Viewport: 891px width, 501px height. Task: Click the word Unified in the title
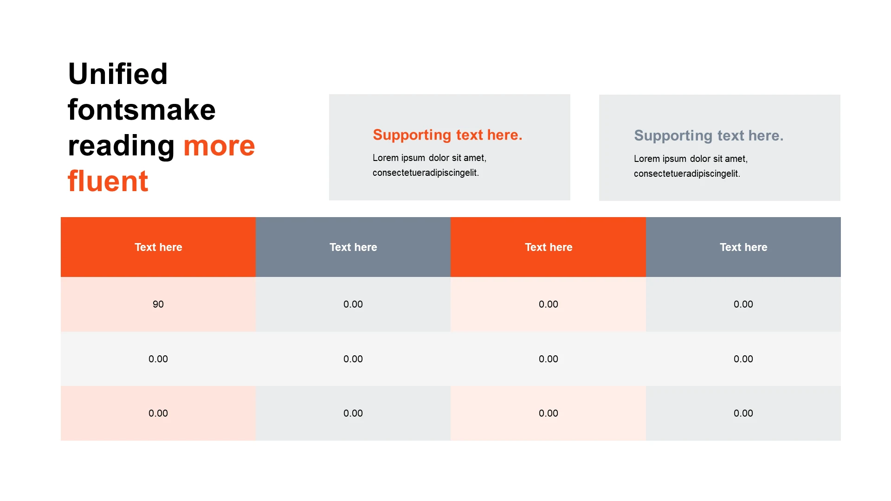click(x=118, y=74)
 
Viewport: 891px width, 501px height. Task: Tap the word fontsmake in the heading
click(x=142, y=110)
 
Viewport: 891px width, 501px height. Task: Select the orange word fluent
click(x=108, y=181)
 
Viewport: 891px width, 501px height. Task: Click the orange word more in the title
click(x=219, y=146)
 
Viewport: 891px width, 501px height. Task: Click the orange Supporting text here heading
click(x=447, y=135)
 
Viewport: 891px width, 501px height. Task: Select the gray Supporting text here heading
click(x=709, y=136)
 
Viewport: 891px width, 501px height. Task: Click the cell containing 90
click(x=158, y=304)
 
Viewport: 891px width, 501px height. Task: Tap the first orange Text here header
click(x=158, y=247)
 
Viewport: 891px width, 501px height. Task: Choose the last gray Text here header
click(x=743, y=247)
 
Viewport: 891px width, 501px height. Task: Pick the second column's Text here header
click(x=353, y=247)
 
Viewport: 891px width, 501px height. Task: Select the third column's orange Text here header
click(x=549, y=247)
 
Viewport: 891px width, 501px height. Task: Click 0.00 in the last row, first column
click(x=158, y=413)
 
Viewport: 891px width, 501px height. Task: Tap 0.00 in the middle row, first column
click(x=158, y=359)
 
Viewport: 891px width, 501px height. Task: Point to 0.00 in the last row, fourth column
click(x=743, y=413)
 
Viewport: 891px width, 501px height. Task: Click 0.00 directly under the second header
click(x=353, y=304)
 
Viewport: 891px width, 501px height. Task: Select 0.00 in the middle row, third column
click(x=549, y=359)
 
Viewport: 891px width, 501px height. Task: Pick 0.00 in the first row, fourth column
click(x=743, y=304)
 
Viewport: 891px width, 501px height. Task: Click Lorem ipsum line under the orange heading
click(x=429, y=158)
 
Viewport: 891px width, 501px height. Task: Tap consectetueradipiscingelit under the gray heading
click(x=687, y=174)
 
